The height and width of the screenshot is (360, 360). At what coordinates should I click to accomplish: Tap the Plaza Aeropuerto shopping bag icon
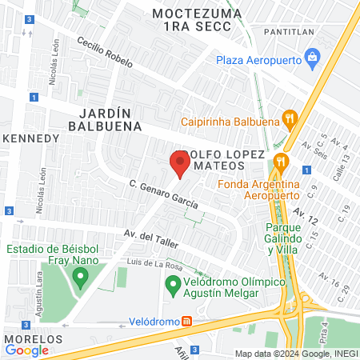[x=313, y=58]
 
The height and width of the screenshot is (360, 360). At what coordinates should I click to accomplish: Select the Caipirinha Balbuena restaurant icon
[x=290, y=122]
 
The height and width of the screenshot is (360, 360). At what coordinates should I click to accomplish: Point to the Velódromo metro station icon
[x=186, y=322]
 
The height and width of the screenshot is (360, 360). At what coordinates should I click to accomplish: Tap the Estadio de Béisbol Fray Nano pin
[x=79, y=278]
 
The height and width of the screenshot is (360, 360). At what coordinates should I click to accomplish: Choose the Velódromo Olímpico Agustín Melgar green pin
[x=172, y=284]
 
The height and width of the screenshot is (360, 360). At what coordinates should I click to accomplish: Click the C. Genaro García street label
[x=164, y=194]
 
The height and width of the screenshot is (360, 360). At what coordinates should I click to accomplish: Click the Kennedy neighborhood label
[x=32, y=138]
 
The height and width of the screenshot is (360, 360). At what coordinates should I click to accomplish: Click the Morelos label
[x=28, y=339]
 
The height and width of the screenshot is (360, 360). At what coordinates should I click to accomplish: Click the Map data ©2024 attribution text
[x=295, y=354]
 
